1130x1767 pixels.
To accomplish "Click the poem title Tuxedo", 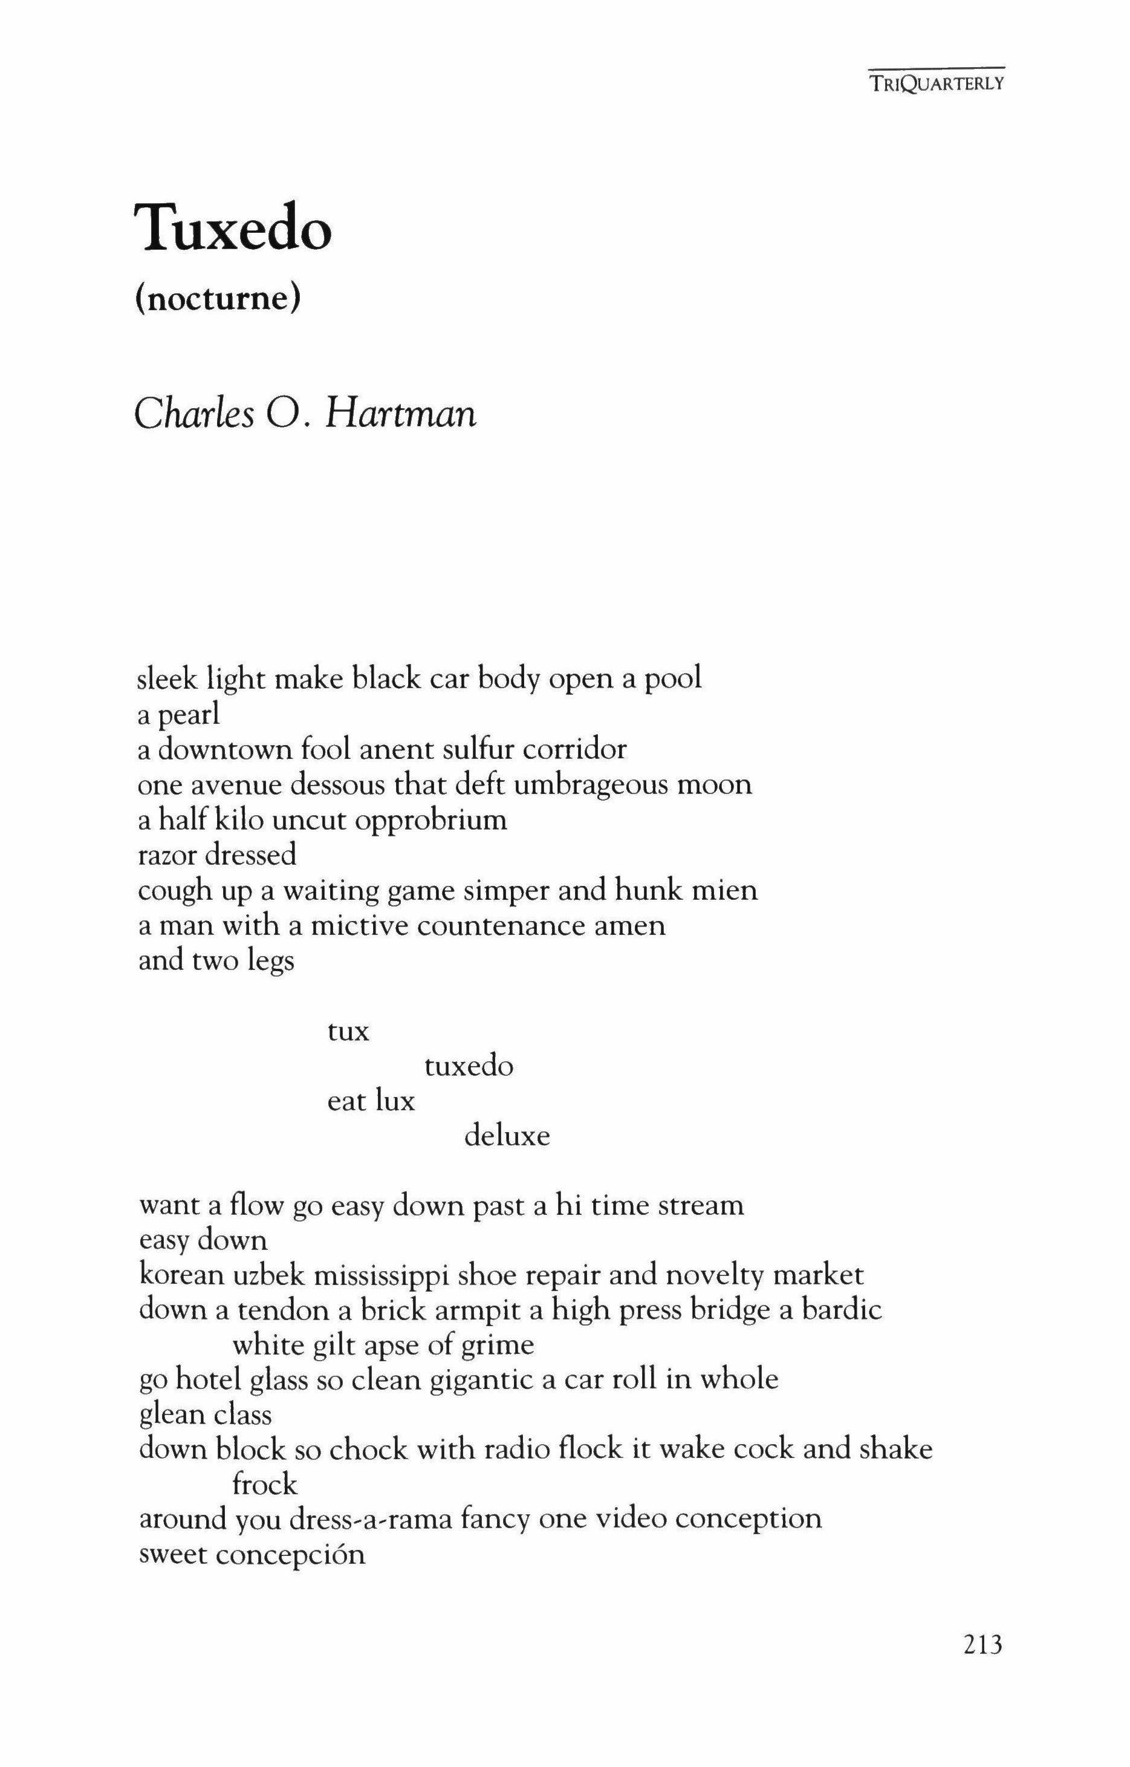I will (x=233, y=228).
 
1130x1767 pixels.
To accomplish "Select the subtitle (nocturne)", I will (x=218, y=299).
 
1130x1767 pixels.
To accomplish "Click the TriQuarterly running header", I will (x=935, y=83).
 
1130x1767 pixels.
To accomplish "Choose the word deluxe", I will (x=507, y=1136).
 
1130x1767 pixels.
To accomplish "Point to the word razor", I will (x=169, y=855).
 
